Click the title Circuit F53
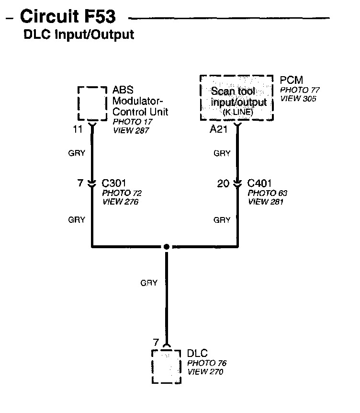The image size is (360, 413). pos(67,17)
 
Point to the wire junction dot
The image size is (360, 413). pos(166,247)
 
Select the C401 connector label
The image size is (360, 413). pos(259,183)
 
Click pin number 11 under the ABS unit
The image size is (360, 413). pos(78,129)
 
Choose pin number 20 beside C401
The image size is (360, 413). pos(223,183)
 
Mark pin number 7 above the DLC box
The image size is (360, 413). pos(155,343)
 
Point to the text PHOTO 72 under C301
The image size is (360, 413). pos(122,193)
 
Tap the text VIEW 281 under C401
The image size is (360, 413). pos(266,201)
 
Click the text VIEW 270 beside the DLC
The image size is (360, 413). pos(205,371)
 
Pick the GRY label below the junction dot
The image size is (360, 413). pos(149,283)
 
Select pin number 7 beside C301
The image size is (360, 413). pos(80,183)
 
